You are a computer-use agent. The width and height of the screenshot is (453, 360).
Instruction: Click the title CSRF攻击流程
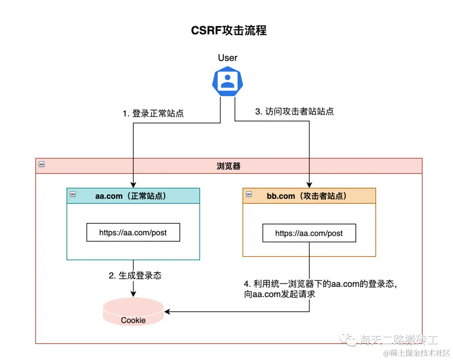click(229, 31)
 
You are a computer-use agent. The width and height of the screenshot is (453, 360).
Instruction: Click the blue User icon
click(227, 80)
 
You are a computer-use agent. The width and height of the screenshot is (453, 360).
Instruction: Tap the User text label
click(227, 58)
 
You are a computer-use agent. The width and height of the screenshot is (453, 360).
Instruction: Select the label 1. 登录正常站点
click(153, 113)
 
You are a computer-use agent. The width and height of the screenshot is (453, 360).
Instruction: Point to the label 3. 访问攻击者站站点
click(294, 112)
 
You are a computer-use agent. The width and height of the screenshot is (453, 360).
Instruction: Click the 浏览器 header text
click(229, 166)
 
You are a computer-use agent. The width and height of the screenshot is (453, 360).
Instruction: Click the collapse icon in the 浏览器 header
click(42, 164)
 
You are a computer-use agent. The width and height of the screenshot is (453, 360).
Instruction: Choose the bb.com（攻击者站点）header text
click(307, 196)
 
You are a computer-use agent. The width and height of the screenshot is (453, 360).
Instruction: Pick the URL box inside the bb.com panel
click(309, 233)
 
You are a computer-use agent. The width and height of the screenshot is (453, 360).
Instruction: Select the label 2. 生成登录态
click(135, 276)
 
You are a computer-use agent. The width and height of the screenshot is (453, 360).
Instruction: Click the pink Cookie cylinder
click(133, 313)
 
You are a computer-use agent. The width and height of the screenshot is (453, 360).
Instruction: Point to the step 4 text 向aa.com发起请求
click(279, 295)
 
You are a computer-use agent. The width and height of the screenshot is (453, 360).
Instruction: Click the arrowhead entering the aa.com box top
click(133, 185)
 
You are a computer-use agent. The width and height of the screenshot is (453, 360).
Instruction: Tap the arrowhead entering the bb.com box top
click(310, 185)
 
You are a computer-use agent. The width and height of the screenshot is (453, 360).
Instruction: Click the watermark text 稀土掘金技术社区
click(419, 352)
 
